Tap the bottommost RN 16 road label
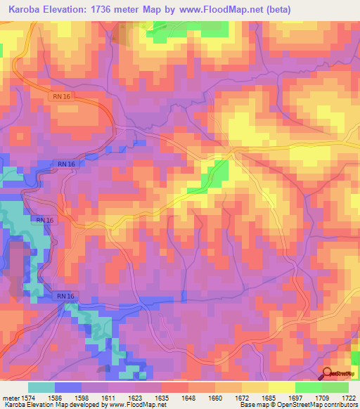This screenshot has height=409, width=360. tap(67, 297)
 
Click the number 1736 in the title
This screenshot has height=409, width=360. tap(125, 10)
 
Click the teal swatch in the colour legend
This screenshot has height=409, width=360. tap(41, 387)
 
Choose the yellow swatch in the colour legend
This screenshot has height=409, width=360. tap(281, 387)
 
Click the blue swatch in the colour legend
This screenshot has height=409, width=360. tap(68, 387)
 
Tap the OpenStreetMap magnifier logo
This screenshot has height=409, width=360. tap(328, 373)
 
